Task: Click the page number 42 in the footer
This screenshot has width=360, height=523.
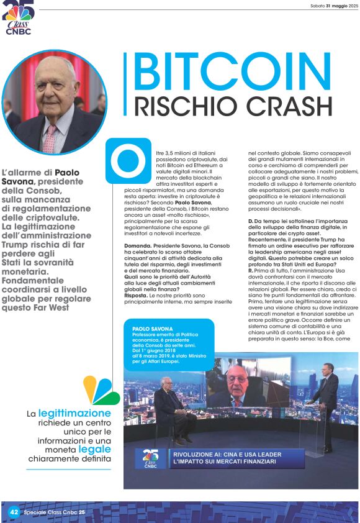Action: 14,512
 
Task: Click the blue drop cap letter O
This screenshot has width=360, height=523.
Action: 127,160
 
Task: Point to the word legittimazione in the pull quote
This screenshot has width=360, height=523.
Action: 74,413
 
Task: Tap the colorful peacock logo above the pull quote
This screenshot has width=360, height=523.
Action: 101,390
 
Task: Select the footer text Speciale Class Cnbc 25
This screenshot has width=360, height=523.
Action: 55,512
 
